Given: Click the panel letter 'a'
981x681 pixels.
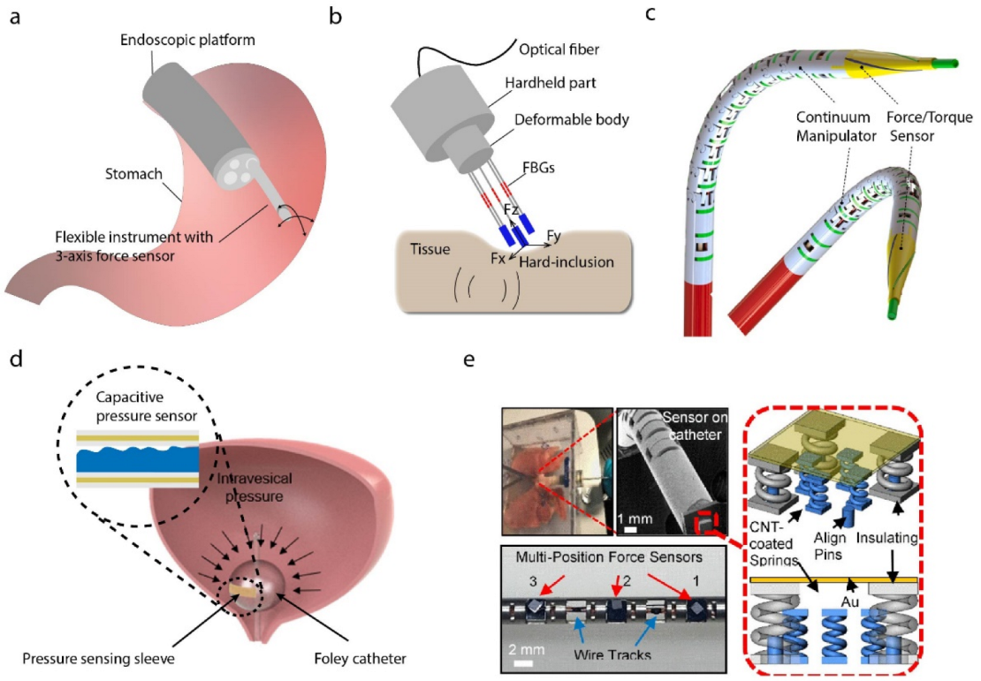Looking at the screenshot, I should click(x=15, y=17).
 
